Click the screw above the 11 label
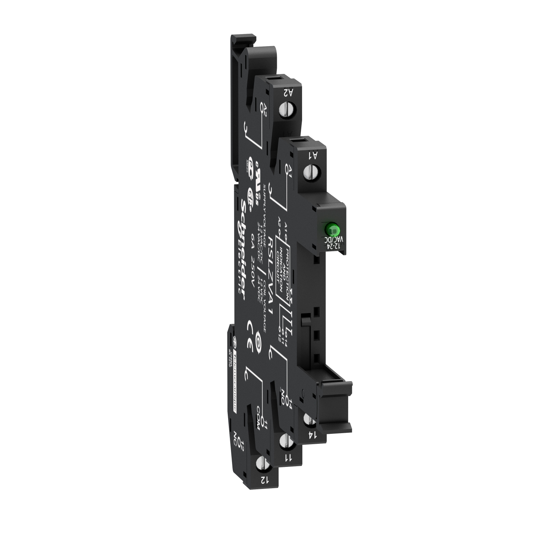(285, 441)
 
